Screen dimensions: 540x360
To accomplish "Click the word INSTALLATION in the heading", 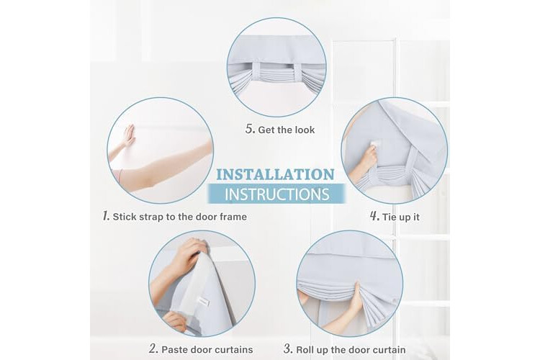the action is click(x=275, y=175).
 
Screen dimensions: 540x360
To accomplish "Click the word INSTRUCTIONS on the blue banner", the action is click(x=277, y=194).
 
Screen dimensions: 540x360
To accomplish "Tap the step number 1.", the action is click(x=106, y=216).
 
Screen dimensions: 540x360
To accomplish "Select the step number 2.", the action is click(x=153, y=348).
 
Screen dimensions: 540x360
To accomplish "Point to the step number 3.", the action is click(x=288, y=348).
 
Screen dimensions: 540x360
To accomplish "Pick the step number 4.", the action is click(x=374, y=216).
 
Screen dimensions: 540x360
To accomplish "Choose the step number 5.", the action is click(x=250, y=129).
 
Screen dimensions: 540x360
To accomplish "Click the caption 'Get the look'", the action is click(x=286, y=130).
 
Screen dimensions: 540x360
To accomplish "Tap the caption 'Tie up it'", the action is click(x=401, y=217).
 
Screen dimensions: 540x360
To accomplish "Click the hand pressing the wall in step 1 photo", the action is click(x=128, y=137).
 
